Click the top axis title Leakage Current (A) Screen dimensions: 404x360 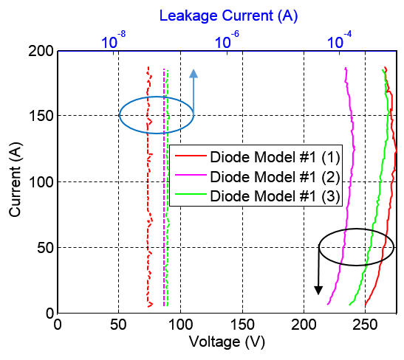tap(228, 15)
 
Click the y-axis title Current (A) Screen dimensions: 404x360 tap(15, 179)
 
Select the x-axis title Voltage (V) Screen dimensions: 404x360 tap(227, 342)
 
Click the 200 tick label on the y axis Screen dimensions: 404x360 tap(41, 51)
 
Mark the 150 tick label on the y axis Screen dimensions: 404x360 tap(41, 116)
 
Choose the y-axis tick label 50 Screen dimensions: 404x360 tap(45, 248)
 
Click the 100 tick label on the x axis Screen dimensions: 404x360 tap(181, 325)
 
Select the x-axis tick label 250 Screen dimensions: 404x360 tap(365, 325)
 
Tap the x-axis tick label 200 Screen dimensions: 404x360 tap(304, 325)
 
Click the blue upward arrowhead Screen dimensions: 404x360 tap(194, 74)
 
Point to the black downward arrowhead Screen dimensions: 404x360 tap(318, 290)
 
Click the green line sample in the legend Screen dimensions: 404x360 tap(191, 194)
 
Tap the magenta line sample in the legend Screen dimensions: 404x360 tap(191, 175)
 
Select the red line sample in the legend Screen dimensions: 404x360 tap(191, 156)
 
